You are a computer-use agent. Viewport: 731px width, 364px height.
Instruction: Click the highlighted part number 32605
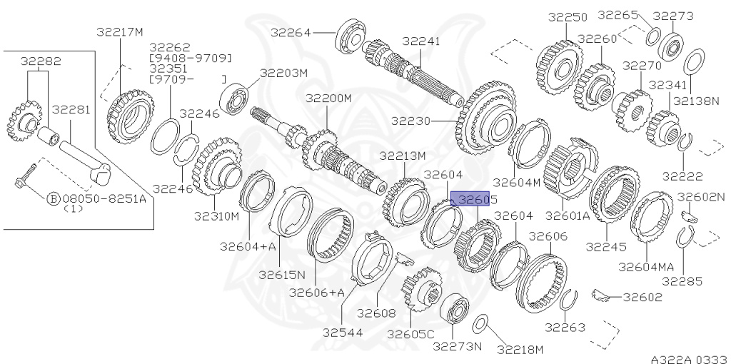[473, 201]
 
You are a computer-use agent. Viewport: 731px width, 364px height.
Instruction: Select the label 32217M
[120, 31]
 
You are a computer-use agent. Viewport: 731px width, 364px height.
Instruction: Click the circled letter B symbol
[53, 199]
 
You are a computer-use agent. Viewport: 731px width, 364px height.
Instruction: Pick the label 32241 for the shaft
[421, 41]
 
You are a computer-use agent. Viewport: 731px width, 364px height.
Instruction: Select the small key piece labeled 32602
[601, 293]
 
